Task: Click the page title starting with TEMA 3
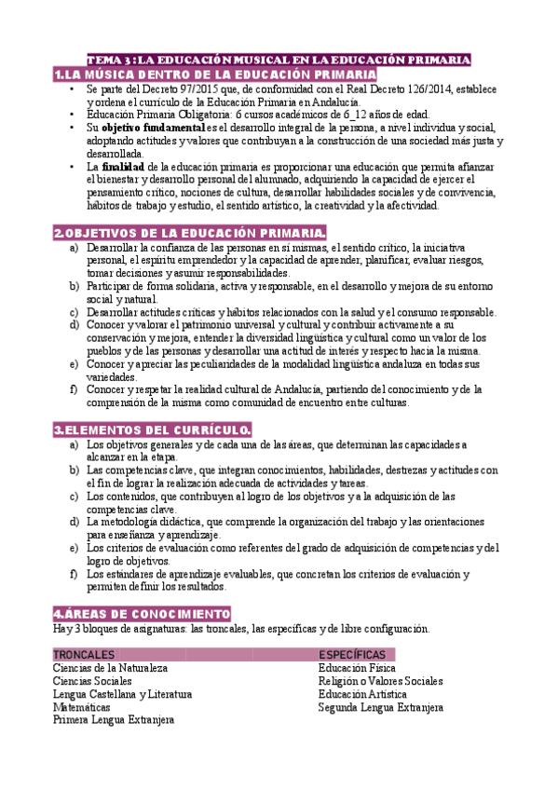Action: point(279,60)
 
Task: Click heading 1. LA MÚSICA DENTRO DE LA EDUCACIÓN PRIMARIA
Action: point(215,75)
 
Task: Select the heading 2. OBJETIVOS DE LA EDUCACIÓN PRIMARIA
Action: point(190,233)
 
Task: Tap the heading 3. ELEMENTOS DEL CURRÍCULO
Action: point(152,429)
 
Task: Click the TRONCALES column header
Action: point(85,654)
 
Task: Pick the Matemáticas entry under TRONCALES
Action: point(84,707)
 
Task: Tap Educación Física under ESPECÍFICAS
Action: point(357,668)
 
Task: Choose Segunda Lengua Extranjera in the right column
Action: point(380,707)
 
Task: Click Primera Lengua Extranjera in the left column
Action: point(114,720)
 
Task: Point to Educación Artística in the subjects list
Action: point(362,694)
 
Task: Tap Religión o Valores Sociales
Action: point(380,681)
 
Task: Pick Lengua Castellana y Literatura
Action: point(122,694)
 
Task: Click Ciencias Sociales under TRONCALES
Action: point(92,681)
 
